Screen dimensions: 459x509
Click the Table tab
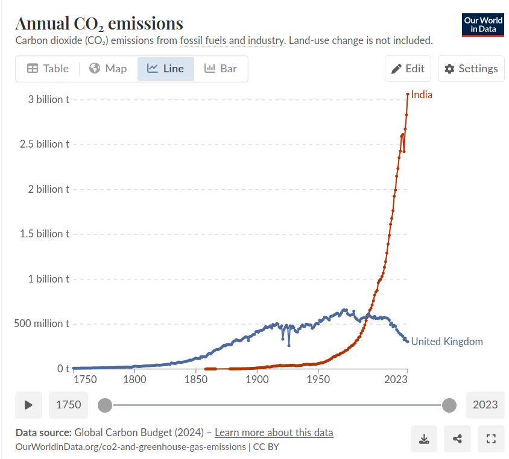point(48,69)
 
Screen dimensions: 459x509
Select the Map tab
point(108,69)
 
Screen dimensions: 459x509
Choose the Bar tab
point(221,69)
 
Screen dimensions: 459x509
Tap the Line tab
point(166,69)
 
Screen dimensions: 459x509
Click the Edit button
point(408,69)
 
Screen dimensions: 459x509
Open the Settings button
point(471,69)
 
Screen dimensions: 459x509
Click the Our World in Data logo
point(482,25)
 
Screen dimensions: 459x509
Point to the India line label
point(422,95)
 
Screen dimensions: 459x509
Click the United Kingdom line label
point(447,342)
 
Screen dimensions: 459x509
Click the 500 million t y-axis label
point(42,323)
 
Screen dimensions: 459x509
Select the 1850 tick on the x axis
point(196,380)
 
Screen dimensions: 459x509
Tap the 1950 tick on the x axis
point(318,380)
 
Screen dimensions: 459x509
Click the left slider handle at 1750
point(105,405)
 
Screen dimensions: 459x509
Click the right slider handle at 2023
point(449,405)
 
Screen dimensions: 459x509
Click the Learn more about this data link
point(274,432)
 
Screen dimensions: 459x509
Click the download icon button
point(425,439)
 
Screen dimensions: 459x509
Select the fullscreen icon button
point(490,439)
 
